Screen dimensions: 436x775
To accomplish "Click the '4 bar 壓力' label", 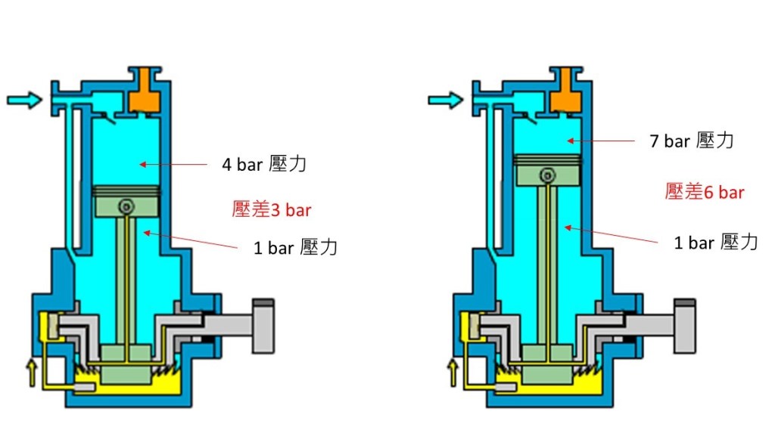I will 263,165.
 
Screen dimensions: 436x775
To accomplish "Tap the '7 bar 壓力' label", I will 691,141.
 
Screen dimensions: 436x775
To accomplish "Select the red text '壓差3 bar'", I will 271,210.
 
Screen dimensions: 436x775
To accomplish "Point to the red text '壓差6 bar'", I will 704,192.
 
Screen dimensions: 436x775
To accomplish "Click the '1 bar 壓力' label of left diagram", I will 295,247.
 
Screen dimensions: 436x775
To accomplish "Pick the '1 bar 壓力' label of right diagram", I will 715,243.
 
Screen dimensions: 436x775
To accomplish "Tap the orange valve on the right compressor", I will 563,93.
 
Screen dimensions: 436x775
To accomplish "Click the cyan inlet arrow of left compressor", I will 24,100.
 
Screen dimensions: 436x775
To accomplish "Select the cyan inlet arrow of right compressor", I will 445,100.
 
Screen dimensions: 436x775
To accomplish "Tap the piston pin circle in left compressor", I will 126,206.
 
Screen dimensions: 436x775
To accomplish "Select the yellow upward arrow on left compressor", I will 31,372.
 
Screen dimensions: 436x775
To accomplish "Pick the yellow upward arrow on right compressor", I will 453,372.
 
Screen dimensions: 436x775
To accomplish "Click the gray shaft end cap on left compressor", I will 263,325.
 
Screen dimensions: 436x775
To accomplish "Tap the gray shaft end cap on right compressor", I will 684,325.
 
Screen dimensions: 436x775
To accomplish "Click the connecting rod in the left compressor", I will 126,280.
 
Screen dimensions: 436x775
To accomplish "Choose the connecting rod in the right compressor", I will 546,264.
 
